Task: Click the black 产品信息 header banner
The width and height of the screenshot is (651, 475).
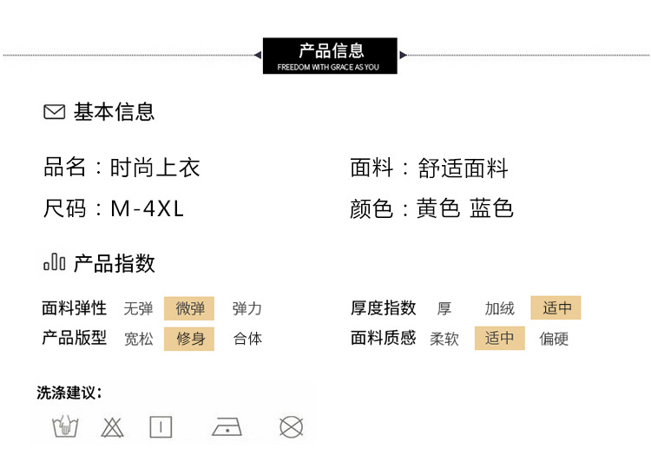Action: (330, 55)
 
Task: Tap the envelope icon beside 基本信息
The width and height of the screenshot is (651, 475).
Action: (54, 112)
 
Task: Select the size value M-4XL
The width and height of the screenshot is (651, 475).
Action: (148, 208)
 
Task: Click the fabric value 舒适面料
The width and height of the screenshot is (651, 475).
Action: (463, 168)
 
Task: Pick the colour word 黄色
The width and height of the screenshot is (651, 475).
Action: (437, 208)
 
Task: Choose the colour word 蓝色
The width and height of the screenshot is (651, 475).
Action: (491, 208)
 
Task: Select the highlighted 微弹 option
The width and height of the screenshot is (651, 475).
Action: (190, 308)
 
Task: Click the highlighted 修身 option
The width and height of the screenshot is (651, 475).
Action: (190, 339)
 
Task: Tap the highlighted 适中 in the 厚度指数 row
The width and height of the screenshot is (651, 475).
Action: (556, 308)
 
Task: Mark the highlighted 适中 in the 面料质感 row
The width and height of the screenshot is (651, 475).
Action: (499, 339)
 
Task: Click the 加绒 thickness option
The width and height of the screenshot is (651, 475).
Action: (499, 308)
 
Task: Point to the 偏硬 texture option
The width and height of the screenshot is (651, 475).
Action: (554, 339)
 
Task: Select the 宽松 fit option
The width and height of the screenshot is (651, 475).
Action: (138, 339)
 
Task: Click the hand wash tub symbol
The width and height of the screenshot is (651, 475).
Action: (63, 426)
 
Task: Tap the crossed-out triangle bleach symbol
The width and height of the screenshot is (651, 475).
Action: (112, 426)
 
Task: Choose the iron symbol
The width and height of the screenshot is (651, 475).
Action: (227, 426)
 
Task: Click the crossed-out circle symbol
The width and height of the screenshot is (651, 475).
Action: (290, 426)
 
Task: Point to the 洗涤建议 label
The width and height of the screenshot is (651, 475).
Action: (69, 393)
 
